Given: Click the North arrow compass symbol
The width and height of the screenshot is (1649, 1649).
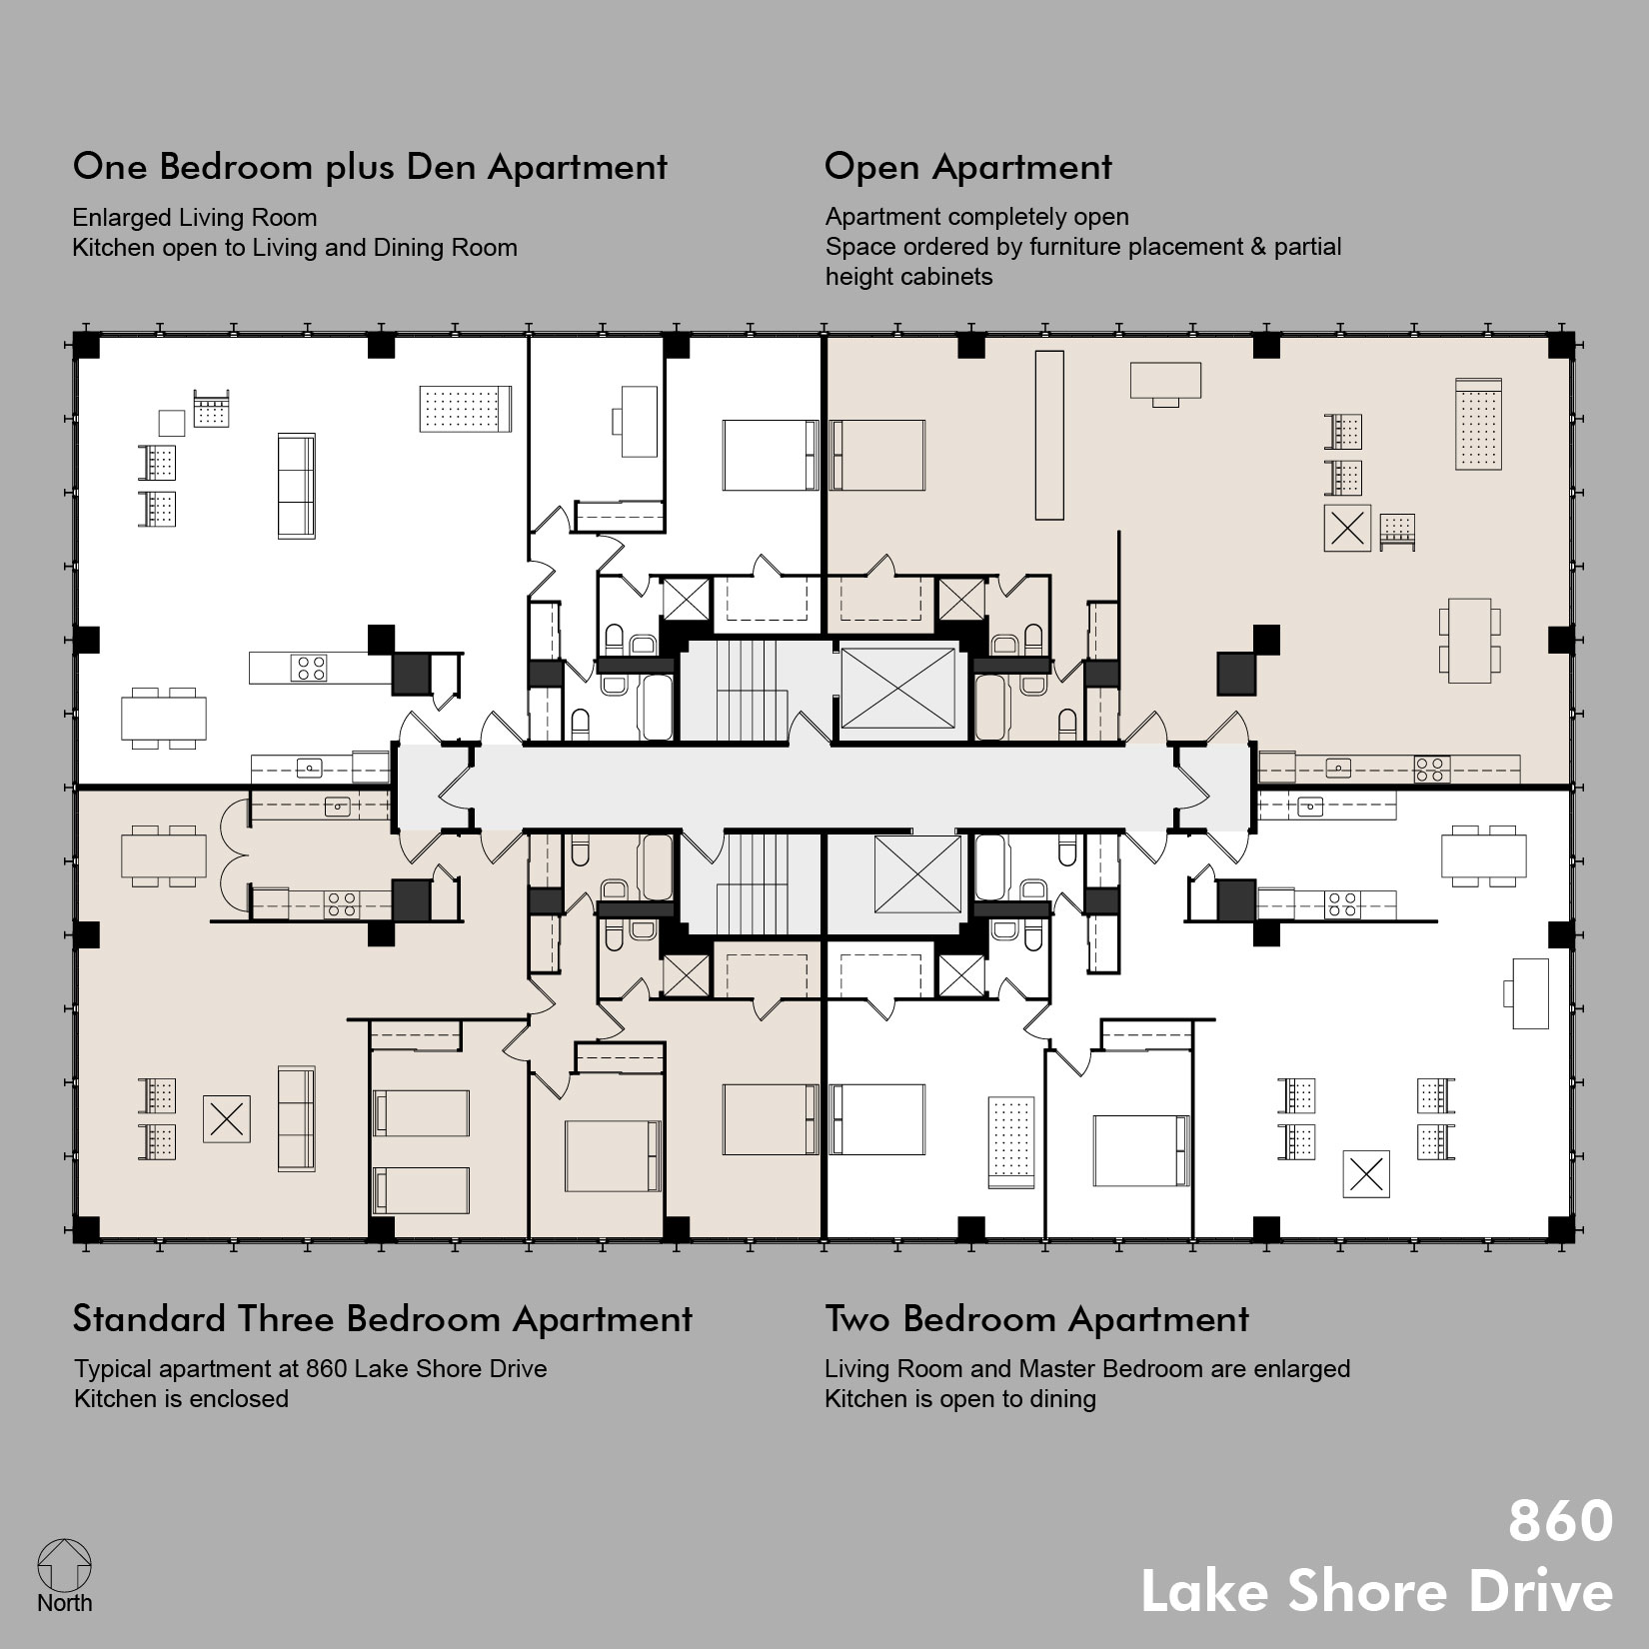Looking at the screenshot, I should pyautogui.click(x=64, y=1565).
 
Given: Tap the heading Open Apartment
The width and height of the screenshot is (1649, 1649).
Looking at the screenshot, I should pyautogui.click(x=966, y=167).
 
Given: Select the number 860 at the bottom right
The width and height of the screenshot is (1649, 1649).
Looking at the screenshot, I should pyautogui.click(x=1559, y=1520).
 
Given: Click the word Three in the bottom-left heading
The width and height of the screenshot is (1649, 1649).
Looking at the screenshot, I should pyautogui.click(x=288, y=1319).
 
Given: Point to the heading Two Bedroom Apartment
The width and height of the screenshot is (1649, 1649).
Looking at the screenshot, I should pyautogui.click(x=1035, y=1319).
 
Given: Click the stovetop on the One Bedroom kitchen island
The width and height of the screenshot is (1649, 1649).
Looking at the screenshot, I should pyautogui.click(x=309, y=668).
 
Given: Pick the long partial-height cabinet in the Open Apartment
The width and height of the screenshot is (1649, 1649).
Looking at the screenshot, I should pyautogui.click(x=1048, y=435).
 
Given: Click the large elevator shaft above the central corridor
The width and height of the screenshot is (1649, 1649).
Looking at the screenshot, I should pyautogui.click(x=897, y=687).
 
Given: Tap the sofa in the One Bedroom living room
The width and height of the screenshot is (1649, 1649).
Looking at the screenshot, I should pyautogui.click(x=296, y=486).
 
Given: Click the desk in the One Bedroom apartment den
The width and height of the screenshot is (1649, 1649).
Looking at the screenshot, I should pyautogui.click(x=640, y=421).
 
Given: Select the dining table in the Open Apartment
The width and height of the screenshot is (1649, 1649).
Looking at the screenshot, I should pyautogui.click(x=1469, y=640).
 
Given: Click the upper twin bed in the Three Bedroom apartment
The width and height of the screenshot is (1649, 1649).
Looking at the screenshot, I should pyautogui.click(x=421, y=1112).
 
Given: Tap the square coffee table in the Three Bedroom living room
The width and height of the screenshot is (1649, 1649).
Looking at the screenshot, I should pyautogui.click(x=227, y=1118).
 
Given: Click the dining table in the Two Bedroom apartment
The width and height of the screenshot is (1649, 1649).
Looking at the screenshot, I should pyautogui.click(x=1483, y=855).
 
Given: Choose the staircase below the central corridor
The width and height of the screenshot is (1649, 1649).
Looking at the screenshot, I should pyautogui.click(x=758, y=882).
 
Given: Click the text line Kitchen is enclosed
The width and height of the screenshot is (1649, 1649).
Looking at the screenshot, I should pyautogui.click(x=181, y=1399).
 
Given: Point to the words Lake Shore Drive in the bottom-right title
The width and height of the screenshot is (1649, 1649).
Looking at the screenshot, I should pyautogui.click(x=1376, y=1591).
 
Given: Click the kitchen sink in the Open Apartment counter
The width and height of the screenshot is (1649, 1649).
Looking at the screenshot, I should pyautogui.click(x=1337, y=768).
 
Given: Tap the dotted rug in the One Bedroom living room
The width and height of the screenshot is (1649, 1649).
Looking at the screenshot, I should pyautogui.click(x=466, y=409).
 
